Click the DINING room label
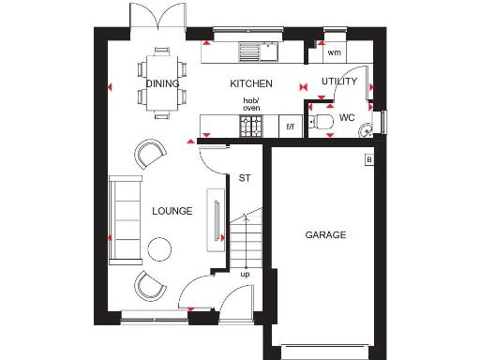[162, 83]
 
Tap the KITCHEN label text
[251, 83]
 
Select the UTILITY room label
[338, 82]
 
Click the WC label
[347, 118]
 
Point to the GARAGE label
[325, 234]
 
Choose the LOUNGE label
[172, 211]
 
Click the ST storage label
[245, 178]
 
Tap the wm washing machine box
[335, 52]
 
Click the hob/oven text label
[251, 104]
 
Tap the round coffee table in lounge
[160, 248]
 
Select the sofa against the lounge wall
[121, 218]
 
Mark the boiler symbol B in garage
[368, 160]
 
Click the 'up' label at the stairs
[245, 275]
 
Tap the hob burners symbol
[251, 127]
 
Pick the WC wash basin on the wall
[368, 128]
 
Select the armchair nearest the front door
[149, 285]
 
